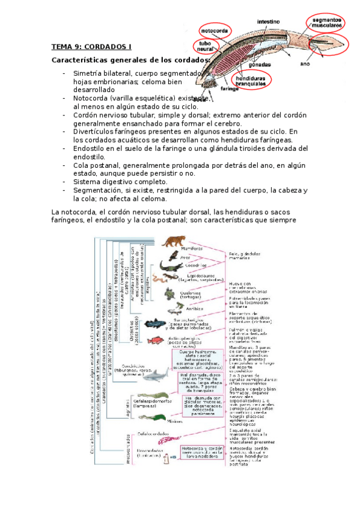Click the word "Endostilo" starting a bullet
pos(90,148)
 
